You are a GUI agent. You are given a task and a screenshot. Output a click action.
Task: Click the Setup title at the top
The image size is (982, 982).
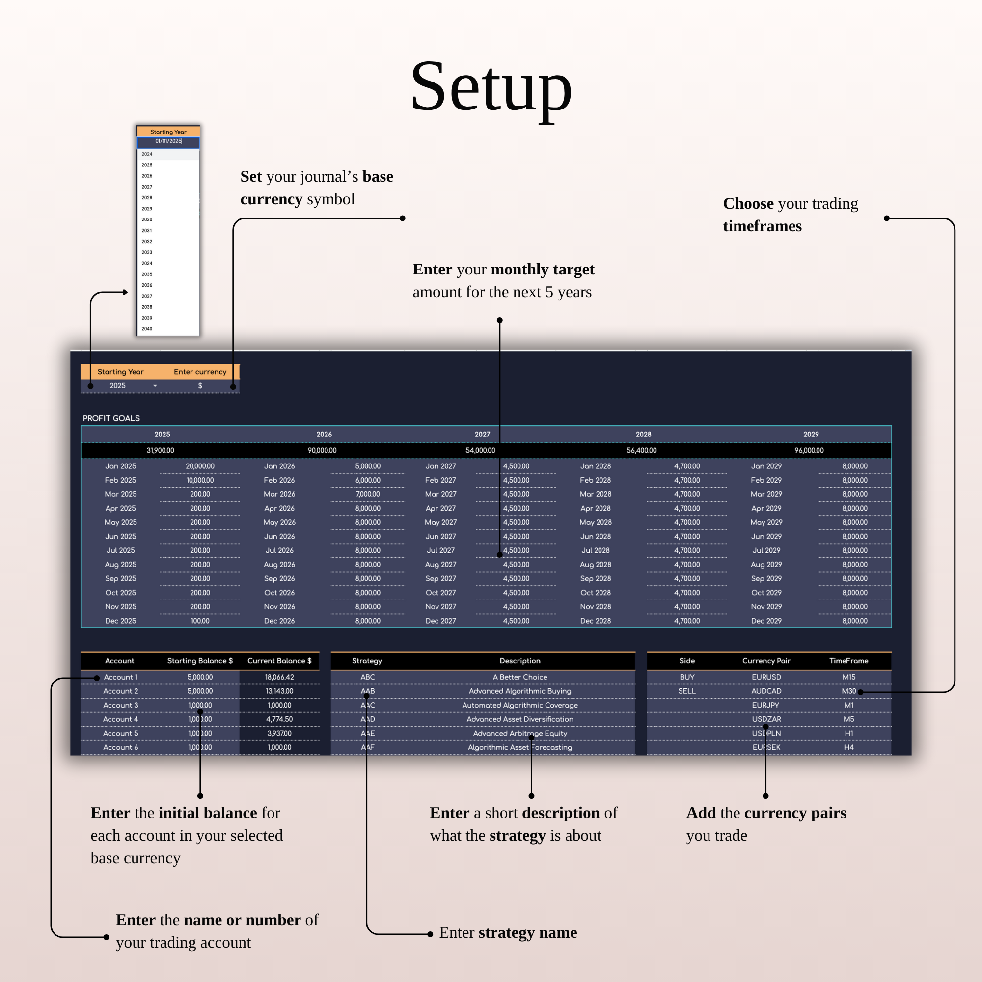pyautogui.click(x=491, y=86)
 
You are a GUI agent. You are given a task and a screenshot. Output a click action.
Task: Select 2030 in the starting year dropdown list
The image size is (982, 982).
pyautogui.click(x=147, y=219)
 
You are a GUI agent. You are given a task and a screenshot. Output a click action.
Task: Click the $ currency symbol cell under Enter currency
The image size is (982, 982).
pyautogui.click(x=200, y=386)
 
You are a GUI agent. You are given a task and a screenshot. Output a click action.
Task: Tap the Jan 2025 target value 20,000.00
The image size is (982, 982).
pyautogui.click(x=200, y=466)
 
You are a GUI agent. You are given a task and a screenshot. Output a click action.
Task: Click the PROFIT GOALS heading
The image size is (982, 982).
pyautogui.click(x=111, y=418)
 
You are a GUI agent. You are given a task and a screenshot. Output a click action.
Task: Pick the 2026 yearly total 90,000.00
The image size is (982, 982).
pyautogui.click(x=322, y=450)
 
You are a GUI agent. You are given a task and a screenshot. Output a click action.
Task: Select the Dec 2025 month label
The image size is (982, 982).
pyautogui.click(x=120, y=621)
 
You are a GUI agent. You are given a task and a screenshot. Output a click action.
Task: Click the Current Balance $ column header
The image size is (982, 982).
pyautogui.click(x=279, y=661)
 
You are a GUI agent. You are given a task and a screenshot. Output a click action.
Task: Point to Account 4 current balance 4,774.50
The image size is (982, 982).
pyautogui.click(x=279, y=719)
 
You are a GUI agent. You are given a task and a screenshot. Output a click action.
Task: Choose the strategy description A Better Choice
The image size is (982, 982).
pyautogui.click(x=519, y=677)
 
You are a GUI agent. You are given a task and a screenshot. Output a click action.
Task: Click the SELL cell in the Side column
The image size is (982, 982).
pyautogui.click(x=687, y=691)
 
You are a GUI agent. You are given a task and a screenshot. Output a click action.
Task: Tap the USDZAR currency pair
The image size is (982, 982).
pyautogui.click(x=766, y=719)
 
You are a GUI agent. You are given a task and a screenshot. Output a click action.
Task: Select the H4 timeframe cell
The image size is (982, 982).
pyautogui.click(x=848, y=747)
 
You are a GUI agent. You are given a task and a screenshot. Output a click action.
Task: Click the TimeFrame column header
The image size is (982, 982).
pyautogui.click(x=848, y=661)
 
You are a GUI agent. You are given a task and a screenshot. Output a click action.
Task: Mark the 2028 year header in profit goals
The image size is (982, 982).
pyautogui.click(x=643, y=434)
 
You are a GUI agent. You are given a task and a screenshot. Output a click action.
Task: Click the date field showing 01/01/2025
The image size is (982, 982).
pyautogui.click(x=168, y=141)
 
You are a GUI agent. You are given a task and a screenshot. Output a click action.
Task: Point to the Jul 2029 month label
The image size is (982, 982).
pyautogui.click(x=766, y=550)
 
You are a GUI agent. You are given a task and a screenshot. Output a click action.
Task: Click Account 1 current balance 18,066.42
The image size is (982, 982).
pyautogui.click(x=279, y=677)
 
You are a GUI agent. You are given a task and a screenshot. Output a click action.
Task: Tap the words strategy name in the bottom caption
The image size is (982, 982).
pyautogui.click(x=528, y=933)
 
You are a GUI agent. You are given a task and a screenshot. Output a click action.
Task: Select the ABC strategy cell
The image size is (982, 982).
pyautogui.click(x=367, y=677)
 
